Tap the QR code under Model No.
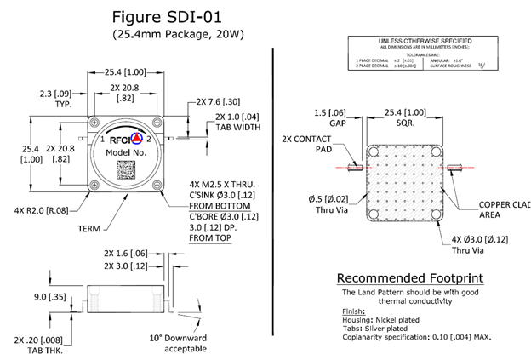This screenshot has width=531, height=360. pos(127,168)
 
